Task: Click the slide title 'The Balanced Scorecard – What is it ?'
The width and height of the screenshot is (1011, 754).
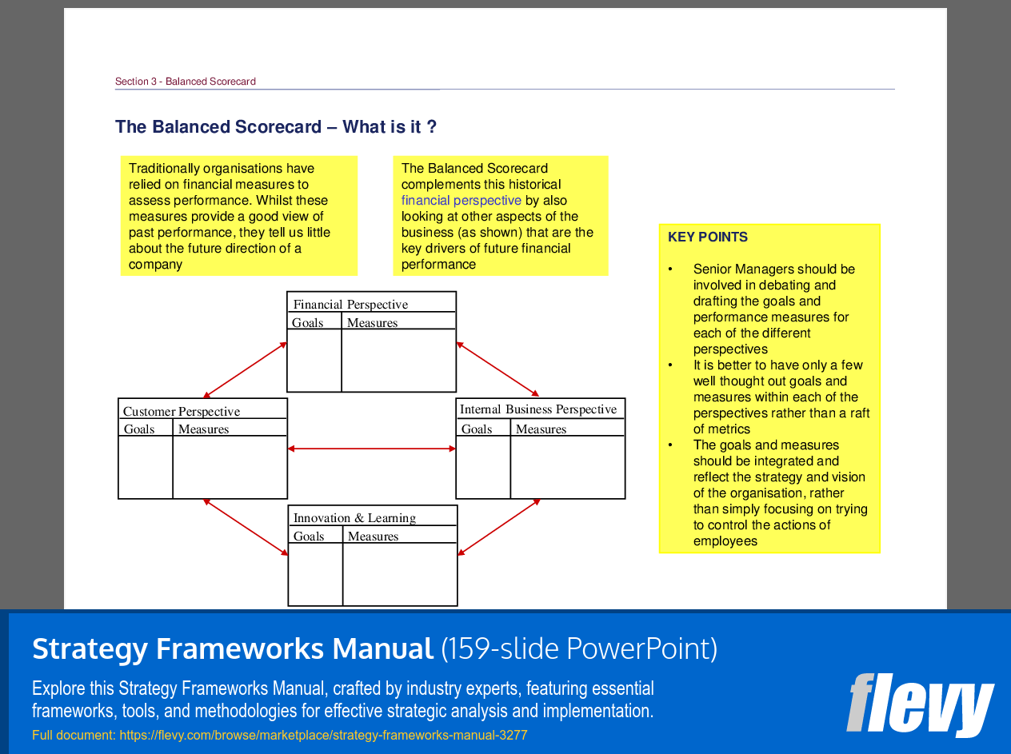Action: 276,127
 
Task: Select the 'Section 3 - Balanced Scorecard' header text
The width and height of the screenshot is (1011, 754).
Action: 186,82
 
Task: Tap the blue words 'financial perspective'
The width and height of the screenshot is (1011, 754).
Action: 461,201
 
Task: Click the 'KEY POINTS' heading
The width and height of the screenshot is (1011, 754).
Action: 708,237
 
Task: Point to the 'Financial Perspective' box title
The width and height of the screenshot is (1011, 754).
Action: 350,305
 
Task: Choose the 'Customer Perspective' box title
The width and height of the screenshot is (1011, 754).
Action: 182,412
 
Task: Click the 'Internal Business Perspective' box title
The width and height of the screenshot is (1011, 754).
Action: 538,409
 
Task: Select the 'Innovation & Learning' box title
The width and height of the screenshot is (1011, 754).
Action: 354,518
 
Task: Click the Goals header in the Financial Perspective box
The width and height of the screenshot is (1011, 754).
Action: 308,323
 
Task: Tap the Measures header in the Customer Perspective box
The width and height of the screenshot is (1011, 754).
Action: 204,429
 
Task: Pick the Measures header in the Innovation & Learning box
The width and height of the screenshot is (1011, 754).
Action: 373,537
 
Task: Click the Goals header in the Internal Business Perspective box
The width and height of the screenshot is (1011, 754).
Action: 477,429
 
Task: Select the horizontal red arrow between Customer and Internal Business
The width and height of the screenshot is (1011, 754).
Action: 371,449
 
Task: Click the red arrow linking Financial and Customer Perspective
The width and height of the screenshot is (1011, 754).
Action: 245,370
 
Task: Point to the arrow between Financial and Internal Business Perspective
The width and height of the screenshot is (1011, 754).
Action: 498,369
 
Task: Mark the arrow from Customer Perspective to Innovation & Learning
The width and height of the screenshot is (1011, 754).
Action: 246,527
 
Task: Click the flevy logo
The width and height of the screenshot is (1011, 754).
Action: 920,704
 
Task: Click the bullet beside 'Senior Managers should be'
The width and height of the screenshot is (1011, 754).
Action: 670,269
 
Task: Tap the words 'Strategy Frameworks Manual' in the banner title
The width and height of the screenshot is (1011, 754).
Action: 233,648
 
